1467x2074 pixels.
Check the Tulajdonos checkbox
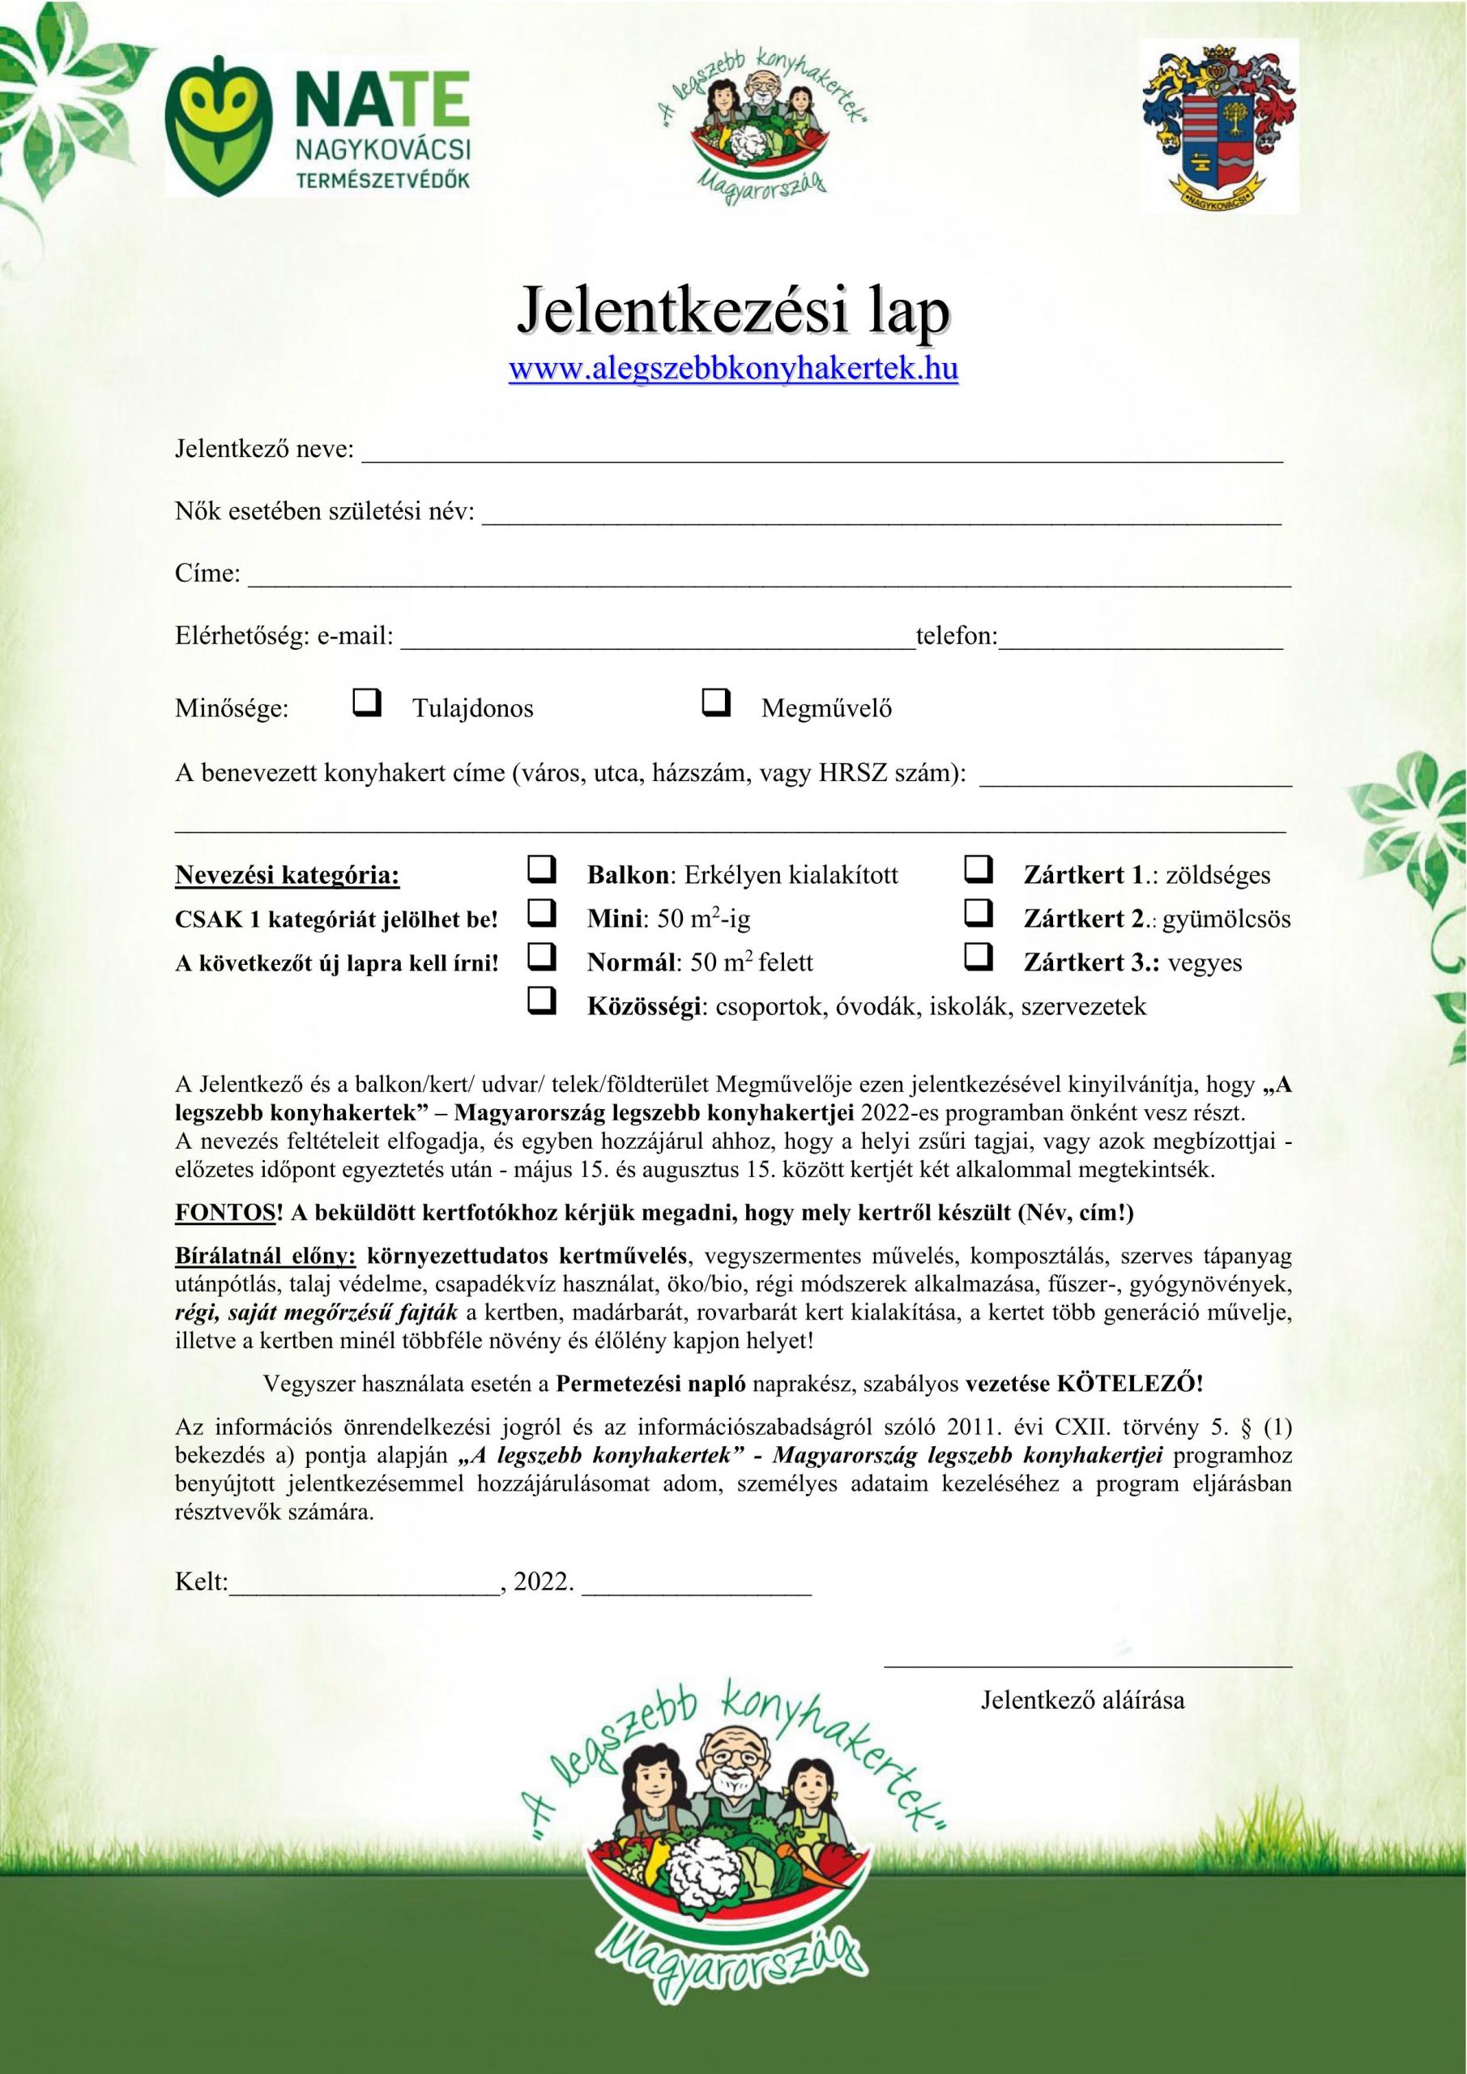[x=366, y=704]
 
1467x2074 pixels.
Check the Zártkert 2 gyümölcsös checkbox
[x=979, y=915]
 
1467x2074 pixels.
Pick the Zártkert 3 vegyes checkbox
[x=979, y=958]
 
